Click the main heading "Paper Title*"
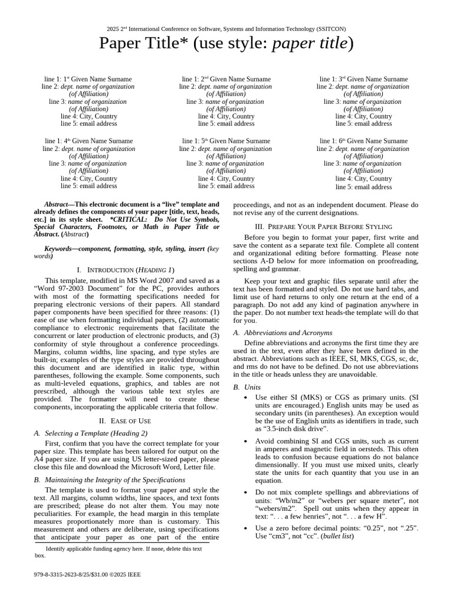pyautogui.click(x=226, y=43)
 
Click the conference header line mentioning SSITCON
pyautogui.click(x=226, y=28)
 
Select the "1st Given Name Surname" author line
pyautogui.click(x=88, y=79)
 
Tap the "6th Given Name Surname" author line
pyautogui.click(x=363, y=141)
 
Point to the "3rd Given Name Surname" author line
pyautogui.click(x=363, y=79)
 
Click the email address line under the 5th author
pyautogui.click(x=226, y=186)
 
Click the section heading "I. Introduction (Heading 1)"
pyautogui.click(x=126, y=270)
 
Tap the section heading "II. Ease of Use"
pyautogui.click(x=126, y=421)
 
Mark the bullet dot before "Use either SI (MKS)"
pyautogui.click(x=245, y=397)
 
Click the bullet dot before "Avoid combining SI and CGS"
pyautogui.click(x=245, y=441)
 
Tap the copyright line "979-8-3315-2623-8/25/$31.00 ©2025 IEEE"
pyautogui.click(x=87, y=574)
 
